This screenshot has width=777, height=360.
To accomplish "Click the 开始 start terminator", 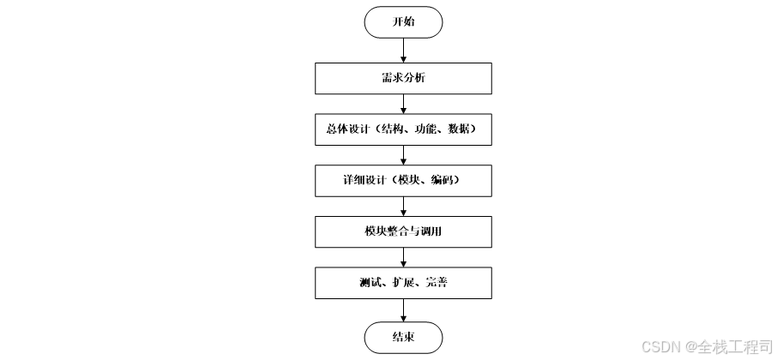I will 403,22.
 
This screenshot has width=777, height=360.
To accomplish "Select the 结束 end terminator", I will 403,337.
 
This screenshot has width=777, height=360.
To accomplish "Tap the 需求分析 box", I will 403,78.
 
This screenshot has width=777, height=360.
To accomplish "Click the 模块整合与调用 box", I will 403,231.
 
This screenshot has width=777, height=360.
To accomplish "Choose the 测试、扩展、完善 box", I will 403,282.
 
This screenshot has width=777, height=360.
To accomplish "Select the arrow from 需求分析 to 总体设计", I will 403,104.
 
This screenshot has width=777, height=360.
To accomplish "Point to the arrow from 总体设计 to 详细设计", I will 403,154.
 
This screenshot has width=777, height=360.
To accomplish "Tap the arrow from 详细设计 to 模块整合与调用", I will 403,206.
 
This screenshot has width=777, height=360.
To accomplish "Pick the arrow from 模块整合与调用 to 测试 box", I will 403,256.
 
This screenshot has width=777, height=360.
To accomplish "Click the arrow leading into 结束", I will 403,309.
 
